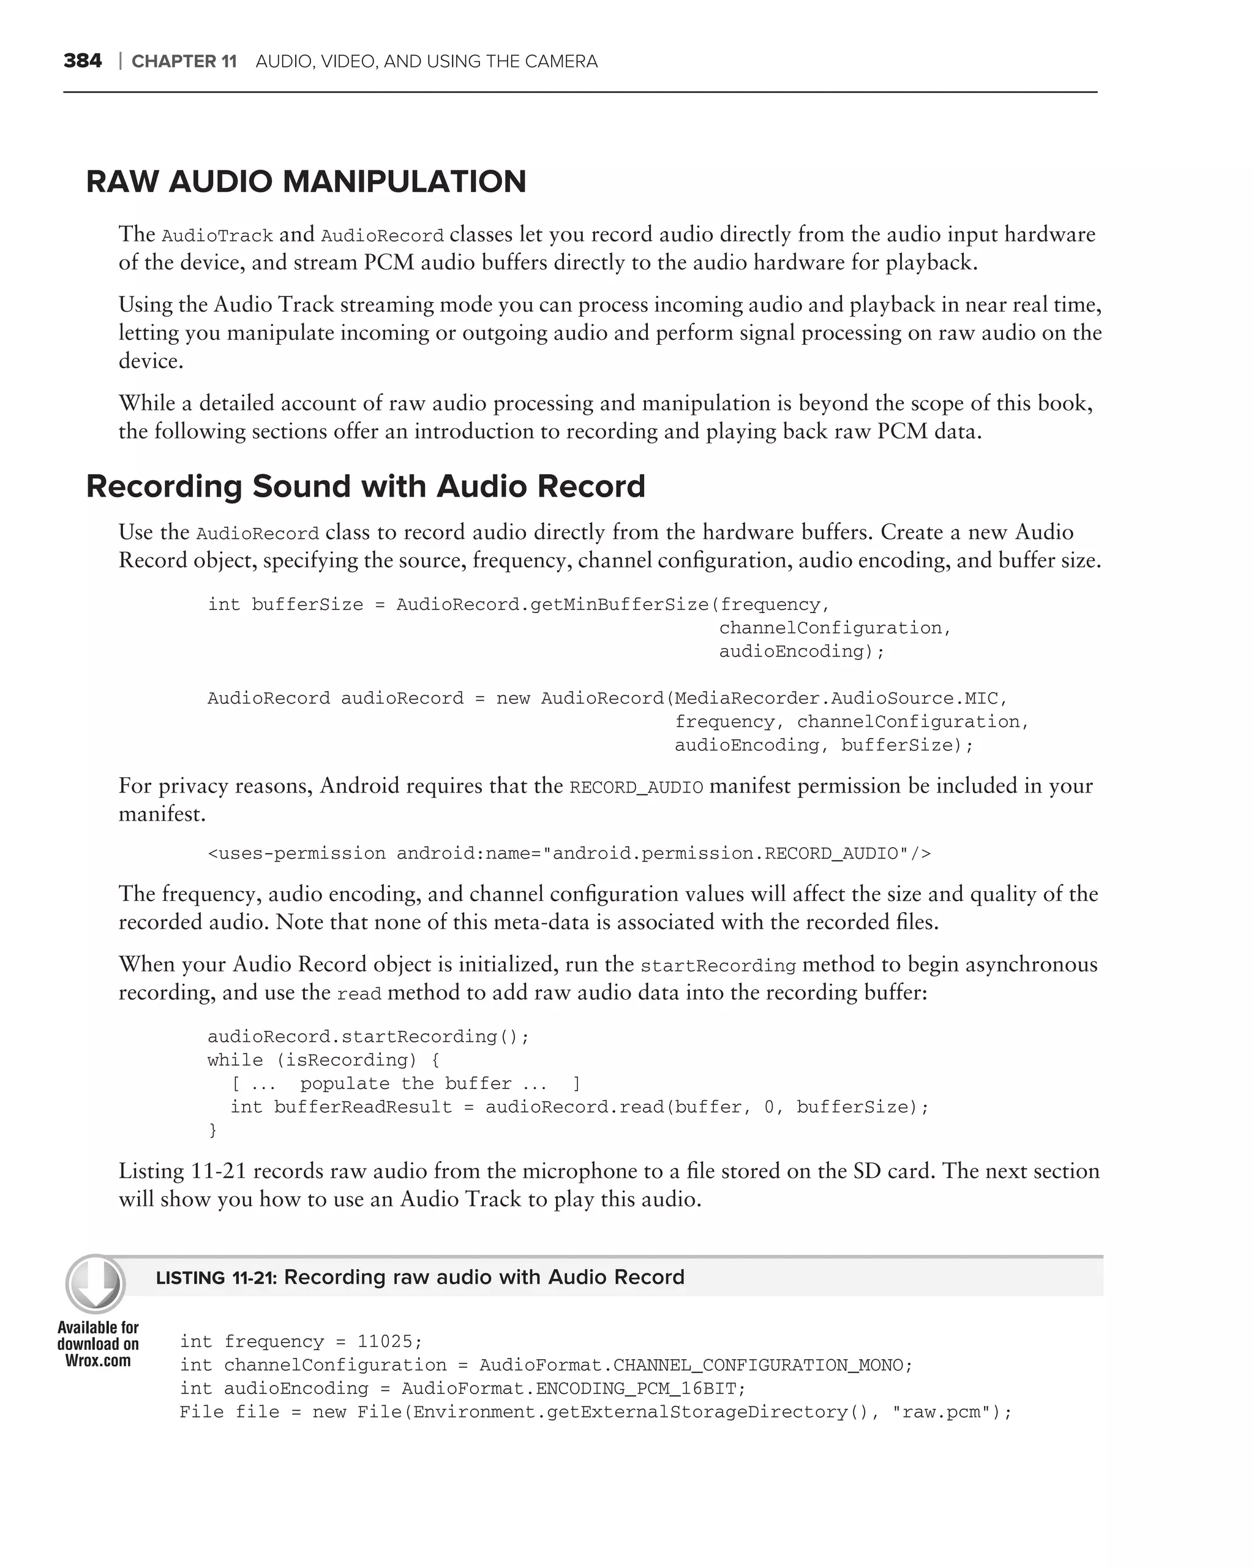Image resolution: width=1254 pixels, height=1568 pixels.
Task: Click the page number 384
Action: [82, 61]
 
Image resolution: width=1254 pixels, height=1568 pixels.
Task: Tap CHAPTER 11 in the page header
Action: [184, 62]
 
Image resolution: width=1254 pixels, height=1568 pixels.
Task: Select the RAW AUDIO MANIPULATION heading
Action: [306, 182]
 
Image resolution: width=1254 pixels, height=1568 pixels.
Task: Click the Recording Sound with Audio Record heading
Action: [366, 486]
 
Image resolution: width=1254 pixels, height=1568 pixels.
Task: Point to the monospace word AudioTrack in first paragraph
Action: [217, 236]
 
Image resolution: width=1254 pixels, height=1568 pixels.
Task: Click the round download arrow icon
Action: [96, 1284]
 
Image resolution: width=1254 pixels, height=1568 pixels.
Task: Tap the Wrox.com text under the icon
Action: [98, 1361]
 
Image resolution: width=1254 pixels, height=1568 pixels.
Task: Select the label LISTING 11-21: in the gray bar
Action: [217, 1278]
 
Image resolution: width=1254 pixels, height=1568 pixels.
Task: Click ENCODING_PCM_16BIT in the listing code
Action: [636, 1389]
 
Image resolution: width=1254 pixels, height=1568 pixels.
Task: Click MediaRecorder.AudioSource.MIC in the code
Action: [836, 698]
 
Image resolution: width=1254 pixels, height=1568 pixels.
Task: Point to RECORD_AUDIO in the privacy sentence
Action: [636, 788]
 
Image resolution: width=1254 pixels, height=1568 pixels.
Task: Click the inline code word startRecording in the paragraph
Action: [718, 966]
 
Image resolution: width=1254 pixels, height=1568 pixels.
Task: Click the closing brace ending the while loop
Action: [213, 1130]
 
